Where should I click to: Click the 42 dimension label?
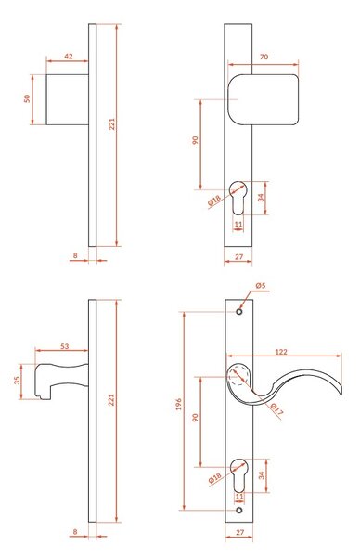click(69, 56)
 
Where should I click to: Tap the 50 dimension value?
click(27, 98)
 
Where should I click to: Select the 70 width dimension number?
click(264, 57)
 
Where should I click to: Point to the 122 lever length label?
click(281, 352)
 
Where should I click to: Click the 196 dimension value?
click(178, 404)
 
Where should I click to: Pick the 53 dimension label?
click(64, 346)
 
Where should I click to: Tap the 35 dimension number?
click(17, 381)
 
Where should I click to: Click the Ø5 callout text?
click(260, 285)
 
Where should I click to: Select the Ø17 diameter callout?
click(276, 408)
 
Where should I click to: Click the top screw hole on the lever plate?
click(239, 312)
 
